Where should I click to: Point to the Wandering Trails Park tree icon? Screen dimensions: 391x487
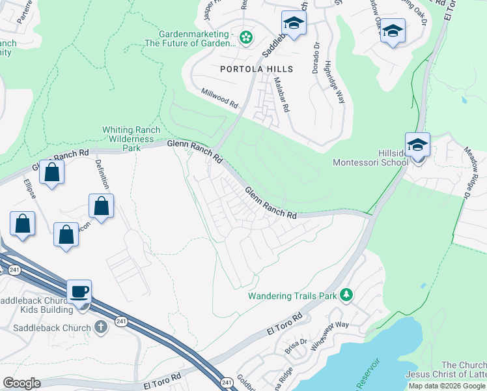[x=346, y=296]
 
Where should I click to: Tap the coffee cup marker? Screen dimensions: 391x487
[x=79, y=293]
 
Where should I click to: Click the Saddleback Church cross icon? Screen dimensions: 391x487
[x=100, y=326]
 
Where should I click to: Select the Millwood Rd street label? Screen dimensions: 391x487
[x=219, y=98]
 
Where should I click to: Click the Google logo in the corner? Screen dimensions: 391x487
[x=21, y=383]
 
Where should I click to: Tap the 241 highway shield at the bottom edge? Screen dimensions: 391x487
[x=226, y=383]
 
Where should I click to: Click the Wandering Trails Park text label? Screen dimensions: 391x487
[x=292, y=296]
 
